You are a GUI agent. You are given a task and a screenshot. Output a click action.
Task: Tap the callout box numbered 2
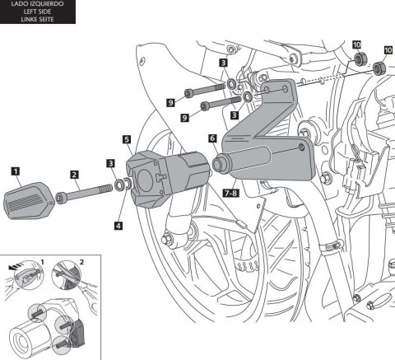click(75, 175)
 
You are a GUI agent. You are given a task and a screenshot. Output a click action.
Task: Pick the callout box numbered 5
click(125, 140)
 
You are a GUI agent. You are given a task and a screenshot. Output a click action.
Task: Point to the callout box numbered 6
click(213, 140)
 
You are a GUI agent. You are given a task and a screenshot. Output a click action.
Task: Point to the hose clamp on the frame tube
click(328, 245)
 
